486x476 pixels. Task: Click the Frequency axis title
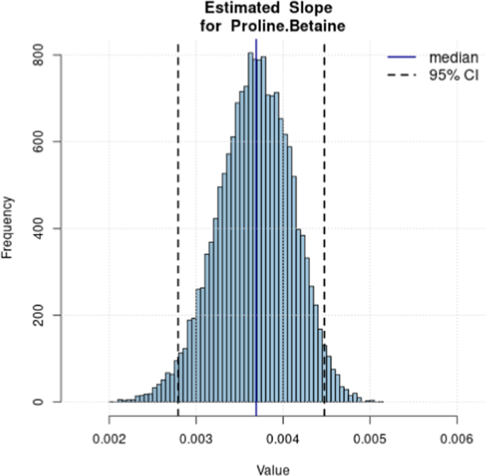pyautogui.click(x=9, y=228)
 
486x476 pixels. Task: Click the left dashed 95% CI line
pyautogui.click(x=177, y=213)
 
